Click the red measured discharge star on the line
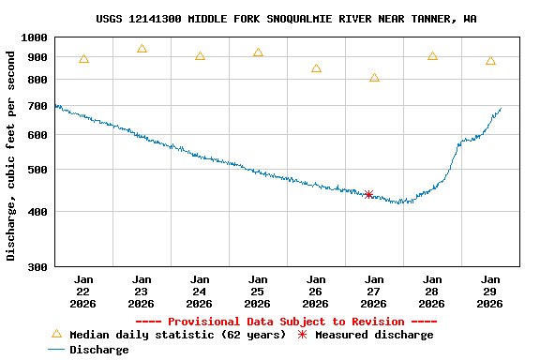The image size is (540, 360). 368,195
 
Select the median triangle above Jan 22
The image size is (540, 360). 83,59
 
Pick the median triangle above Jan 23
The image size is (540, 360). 142,49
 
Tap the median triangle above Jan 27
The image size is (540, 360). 374,78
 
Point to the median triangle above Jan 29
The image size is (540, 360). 490,61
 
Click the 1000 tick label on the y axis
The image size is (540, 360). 34,37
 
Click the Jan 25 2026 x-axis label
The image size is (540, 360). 258,292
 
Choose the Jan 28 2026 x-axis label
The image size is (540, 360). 432,292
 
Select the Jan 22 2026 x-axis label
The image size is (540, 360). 83,292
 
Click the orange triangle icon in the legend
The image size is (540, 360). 56,334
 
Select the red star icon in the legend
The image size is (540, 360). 302,335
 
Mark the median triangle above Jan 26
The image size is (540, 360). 316,68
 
